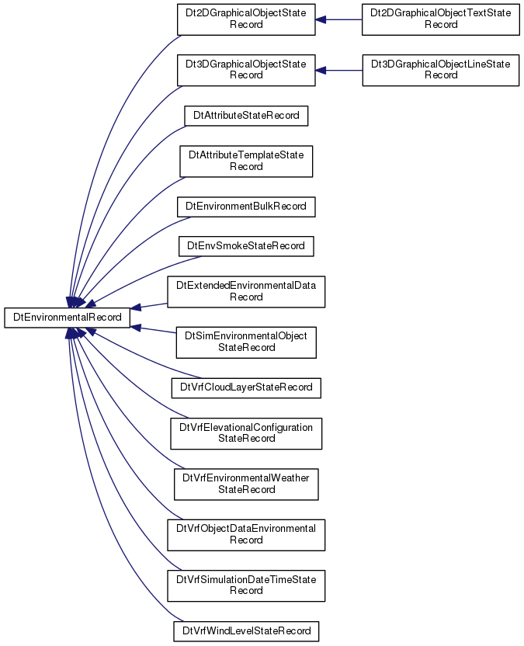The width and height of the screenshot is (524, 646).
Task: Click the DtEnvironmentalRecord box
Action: (67, 318)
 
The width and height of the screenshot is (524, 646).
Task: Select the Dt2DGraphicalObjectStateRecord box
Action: (246, 19)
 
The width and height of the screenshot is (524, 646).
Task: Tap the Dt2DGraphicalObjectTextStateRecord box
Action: (440, 19)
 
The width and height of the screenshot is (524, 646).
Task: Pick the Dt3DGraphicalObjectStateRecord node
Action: (246, 70)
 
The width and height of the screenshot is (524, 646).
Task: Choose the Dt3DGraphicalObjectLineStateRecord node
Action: (440, 70)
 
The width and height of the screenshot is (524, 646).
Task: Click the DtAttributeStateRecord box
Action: (246, 116)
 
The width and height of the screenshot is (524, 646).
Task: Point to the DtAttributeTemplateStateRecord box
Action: (246, 161)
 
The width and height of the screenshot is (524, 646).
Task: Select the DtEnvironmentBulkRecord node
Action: (246, 207)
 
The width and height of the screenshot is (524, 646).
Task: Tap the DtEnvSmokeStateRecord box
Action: (246, 246)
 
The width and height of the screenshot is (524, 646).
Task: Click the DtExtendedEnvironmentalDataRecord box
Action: (246, 292)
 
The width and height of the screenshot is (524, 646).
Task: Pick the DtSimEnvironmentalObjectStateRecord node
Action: (246, 342)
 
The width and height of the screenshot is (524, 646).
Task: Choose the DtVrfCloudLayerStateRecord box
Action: (246, 388)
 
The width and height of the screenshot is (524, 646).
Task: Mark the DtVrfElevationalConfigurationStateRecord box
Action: (246, 433)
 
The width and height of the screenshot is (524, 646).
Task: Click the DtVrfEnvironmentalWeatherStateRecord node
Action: (246, 484)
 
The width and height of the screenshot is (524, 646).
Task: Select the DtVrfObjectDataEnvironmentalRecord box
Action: (246, 535)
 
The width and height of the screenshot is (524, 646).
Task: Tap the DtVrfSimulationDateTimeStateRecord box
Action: (246, 586)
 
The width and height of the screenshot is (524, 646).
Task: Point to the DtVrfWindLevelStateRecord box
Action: (246, 631)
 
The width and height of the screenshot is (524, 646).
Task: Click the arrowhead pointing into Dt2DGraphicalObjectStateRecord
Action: (321, 19)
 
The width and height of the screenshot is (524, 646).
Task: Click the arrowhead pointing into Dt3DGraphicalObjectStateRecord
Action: (321, 71)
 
